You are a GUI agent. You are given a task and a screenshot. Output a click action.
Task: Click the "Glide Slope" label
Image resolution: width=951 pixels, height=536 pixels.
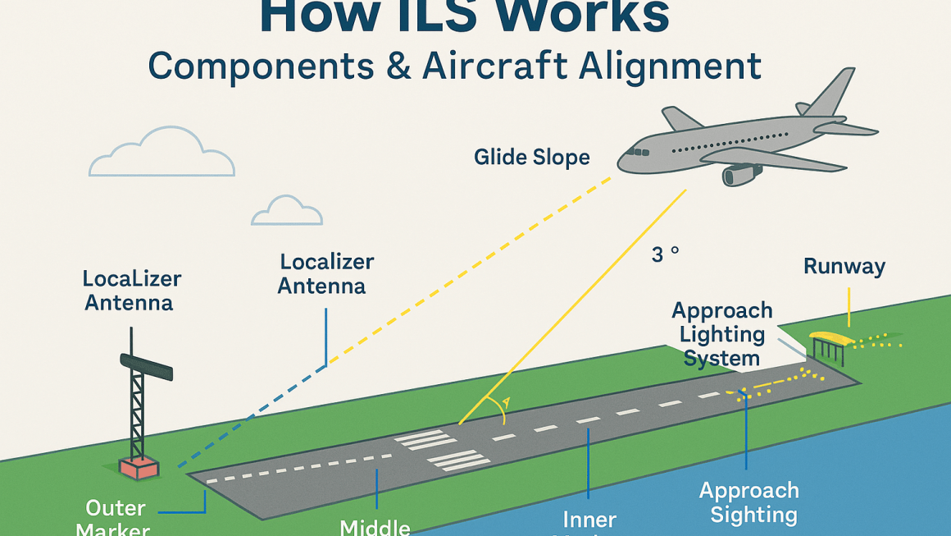[x=531, y=156]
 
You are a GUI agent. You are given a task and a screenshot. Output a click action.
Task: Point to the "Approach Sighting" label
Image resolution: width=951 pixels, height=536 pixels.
[x=749, y=502]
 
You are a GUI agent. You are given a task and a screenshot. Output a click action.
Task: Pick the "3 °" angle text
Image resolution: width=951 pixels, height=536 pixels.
[x=665, y=254]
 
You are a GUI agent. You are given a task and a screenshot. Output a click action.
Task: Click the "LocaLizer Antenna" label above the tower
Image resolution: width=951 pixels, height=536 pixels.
[x=131, y=291]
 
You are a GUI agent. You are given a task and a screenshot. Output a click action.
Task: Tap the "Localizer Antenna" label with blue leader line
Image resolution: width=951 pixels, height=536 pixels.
[x=326, y=273]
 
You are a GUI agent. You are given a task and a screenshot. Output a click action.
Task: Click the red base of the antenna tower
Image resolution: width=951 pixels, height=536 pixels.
[x=138, y=468]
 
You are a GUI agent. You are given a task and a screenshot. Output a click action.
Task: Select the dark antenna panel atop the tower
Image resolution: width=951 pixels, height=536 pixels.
[x=147, y=367]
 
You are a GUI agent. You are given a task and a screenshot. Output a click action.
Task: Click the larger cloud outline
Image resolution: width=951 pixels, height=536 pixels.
[x=162, y=153]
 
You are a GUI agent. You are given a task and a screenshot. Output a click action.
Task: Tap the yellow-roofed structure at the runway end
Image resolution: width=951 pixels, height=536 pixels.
[x=830, y=338]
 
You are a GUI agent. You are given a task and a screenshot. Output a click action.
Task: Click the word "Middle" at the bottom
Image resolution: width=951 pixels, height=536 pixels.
[x=375, y=526]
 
